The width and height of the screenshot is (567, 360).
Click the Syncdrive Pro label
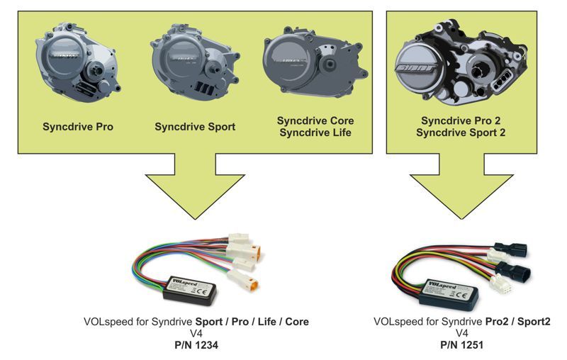[x=78, y=128]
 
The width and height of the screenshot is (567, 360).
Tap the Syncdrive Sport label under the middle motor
[x=195, y=128]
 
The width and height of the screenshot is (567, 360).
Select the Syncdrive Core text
[x=315, y=121]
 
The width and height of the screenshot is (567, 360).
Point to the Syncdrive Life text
[x=315, y=133]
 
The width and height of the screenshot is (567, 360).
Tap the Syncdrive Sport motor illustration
[x=191, y=64]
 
